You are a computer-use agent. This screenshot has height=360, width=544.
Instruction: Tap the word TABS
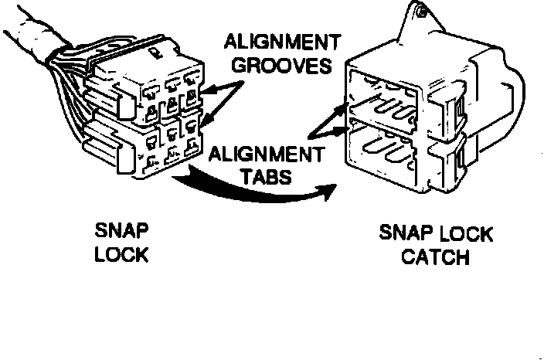pyautogui.click(x=264, y=176)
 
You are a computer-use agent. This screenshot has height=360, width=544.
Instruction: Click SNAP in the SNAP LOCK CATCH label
pyautogui.click(x=403, y=233)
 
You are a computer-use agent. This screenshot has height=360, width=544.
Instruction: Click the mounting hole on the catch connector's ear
pyautogui.click(x=422, y=13)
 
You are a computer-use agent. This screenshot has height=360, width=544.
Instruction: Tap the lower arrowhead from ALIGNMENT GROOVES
pyautogui.click(x=202, y=122)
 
